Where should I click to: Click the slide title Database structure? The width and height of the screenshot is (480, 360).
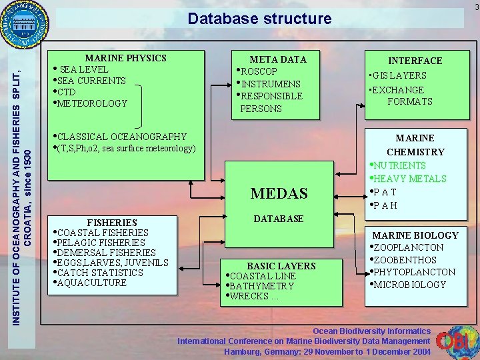pyautogui.click(x=259, y=18)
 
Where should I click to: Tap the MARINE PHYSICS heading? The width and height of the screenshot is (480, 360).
pyautogui.click(x=125, y=58)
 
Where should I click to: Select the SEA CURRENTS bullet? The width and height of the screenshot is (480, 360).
pyautogui.click(x=92, y=81)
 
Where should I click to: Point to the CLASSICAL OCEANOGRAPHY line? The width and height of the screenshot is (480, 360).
pyautogui.click(x=123, y=137)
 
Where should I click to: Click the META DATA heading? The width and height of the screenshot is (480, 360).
pyautogui.click(x=278, y=59)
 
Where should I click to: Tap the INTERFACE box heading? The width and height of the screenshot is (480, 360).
pyautogui.click(x=415, y=61)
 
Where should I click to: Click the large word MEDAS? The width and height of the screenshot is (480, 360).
pyautogui.click(x=279, y=193)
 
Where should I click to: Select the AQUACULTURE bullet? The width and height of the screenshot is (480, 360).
pyautogui.click(x=92, y=283)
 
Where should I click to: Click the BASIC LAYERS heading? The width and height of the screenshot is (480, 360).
pyautogui.click(x=281, y=266)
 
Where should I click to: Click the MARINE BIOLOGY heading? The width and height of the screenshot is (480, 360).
pyautogui.click(x=415, y=235)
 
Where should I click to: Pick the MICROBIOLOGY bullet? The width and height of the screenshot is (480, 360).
pyautogui.click(x=409, y=285)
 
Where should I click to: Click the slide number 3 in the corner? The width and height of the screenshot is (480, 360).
pyautogui.click(x=476, y=7)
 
